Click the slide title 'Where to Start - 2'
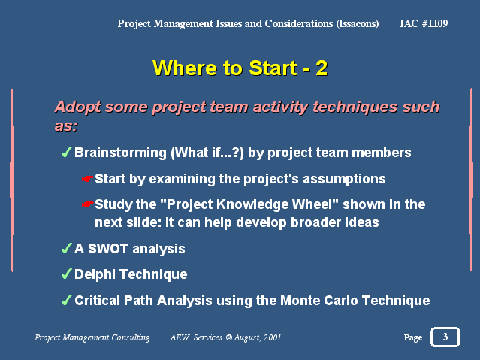pos(240,68)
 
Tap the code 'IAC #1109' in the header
pos(424,23)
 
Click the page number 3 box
pos(445,337)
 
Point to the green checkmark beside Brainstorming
pos(66,152)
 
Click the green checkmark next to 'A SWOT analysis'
pos(66,248)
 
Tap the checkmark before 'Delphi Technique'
pos(66,274)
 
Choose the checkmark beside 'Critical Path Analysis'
pos(66,300)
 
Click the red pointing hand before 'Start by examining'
pos(88,179)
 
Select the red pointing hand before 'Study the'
pos(88,204)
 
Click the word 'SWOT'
pos(108,249)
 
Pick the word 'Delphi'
pos(95,274)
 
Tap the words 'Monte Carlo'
pos(319,301)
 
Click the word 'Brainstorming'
pos(120,153)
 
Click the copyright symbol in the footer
pos(229,337)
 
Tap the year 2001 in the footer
pos(272,337)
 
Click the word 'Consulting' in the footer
pos(131,337)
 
